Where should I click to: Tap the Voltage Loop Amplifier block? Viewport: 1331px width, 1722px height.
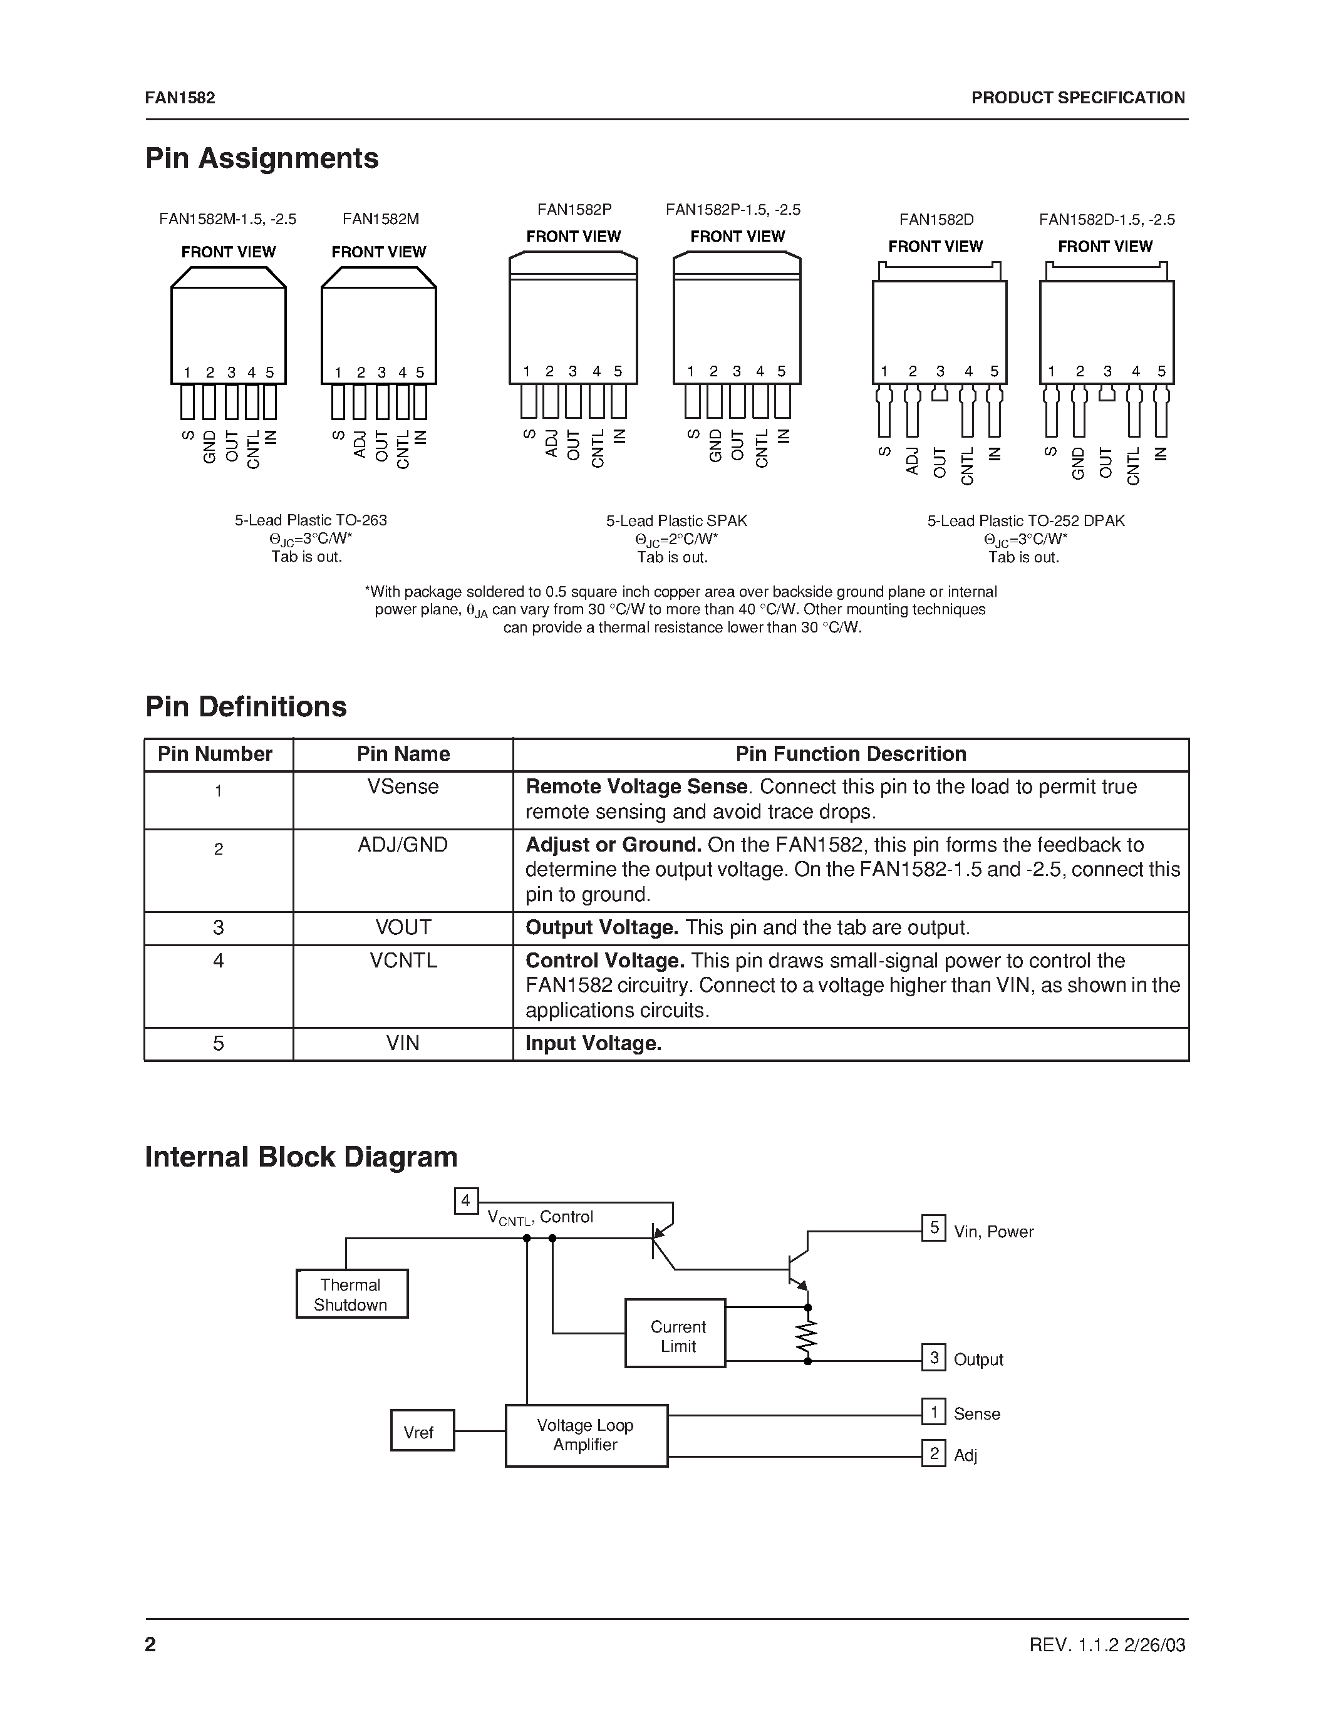click(x=586, y=1435)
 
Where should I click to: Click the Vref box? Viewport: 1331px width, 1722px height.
click(x=422, y=1430)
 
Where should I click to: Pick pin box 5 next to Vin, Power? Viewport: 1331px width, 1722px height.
click(x=934, y=1228)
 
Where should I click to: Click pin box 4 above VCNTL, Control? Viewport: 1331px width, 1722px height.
click(x=466, y=1201)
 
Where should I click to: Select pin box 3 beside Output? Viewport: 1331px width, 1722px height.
click(x=934, y=1358)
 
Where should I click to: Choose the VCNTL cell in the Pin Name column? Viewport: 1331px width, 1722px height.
click(x=403, y=961)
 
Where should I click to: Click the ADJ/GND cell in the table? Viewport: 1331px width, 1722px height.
click(x=403, y=845)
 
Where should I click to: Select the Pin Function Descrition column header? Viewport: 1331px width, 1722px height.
click(x=850, y=754)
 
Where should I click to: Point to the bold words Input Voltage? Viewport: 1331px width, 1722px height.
click(x=593, y=1043)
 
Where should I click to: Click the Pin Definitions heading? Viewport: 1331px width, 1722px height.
click(x=246, y=706)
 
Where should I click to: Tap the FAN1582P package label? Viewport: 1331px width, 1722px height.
click(x=574, y=210)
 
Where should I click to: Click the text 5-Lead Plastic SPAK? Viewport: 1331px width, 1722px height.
click(x=676, y=520)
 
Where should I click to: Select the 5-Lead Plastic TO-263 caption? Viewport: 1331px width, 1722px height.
click(x=311, y=520)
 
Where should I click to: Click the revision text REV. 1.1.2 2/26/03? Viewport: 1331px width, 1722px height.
click(x=1107, y=1644)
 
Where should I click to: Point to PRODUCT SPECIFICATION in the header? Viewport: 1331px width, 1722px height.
click(x=1077, y=98)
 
